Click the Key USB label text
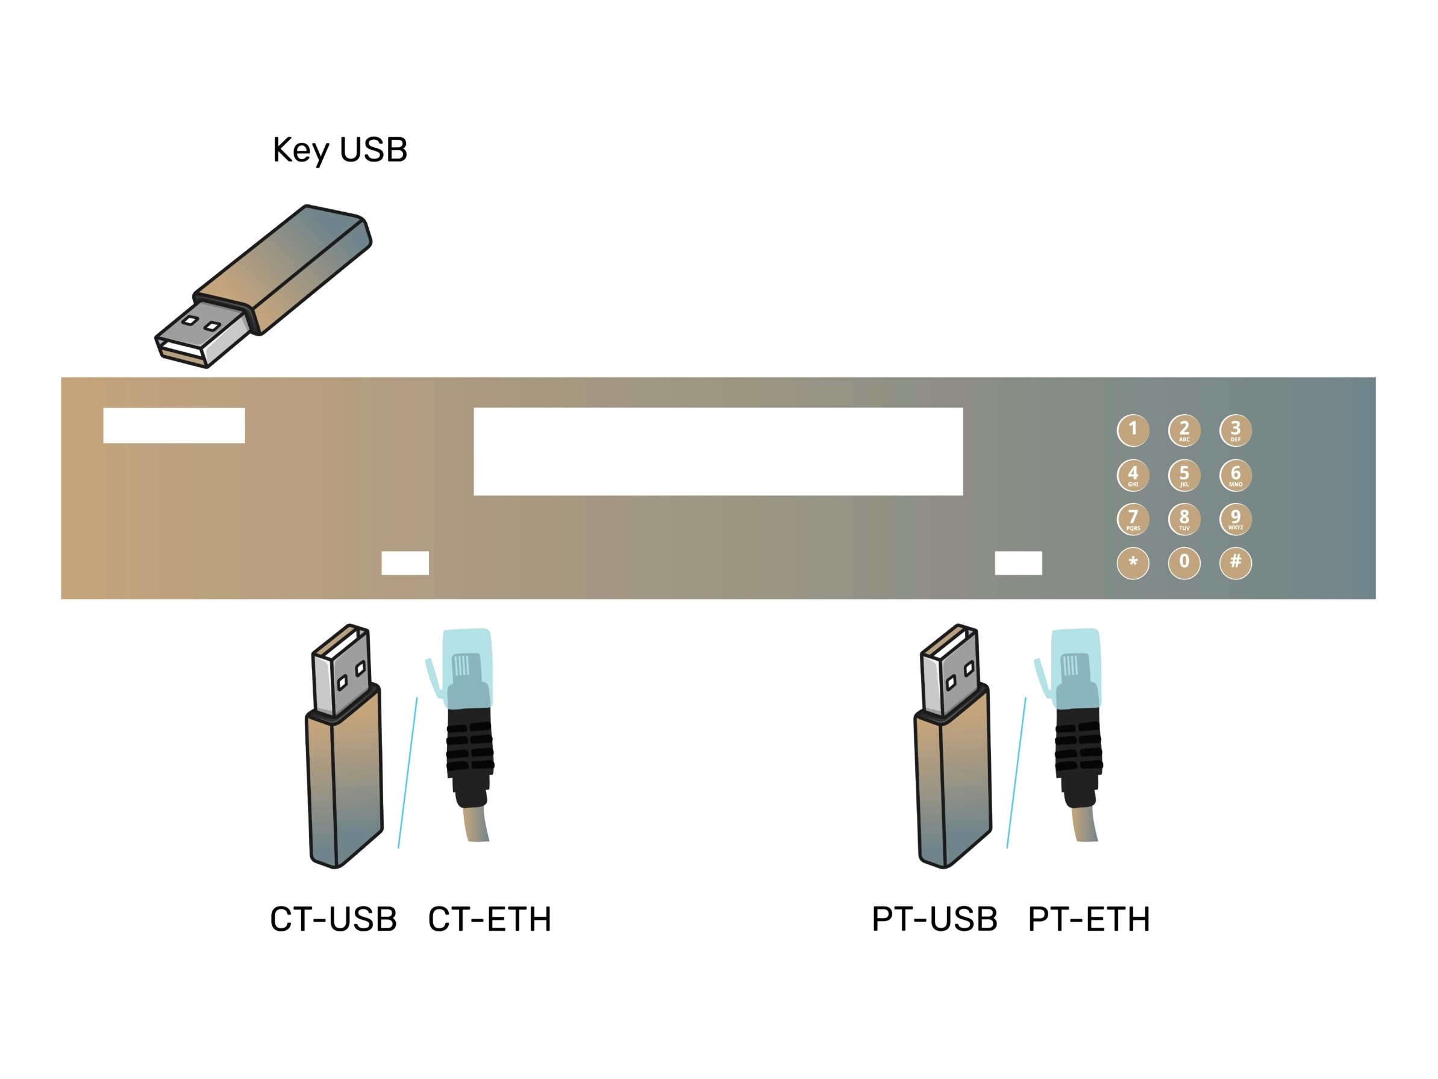[339, 151]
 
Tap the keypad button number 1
[1133, 430]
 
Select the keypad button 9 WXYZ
[1235, 519]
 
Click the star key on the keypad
[1133, 562]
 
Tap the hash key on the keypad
[1235, 562]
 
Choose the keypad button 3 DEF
[1235, 430]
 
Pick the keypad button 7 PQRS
[1133, 519]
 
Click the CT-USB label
[333, 919]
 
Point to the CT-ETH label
[490, 919]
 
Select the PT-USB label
[934, 919]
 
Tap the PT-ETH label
[1089, 919]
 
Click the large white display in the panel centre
[717, 451]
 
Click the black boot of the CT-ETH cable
[470, 758]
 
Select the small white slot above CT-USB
[405, 562]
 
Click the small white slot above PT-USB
[1018, 562]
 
